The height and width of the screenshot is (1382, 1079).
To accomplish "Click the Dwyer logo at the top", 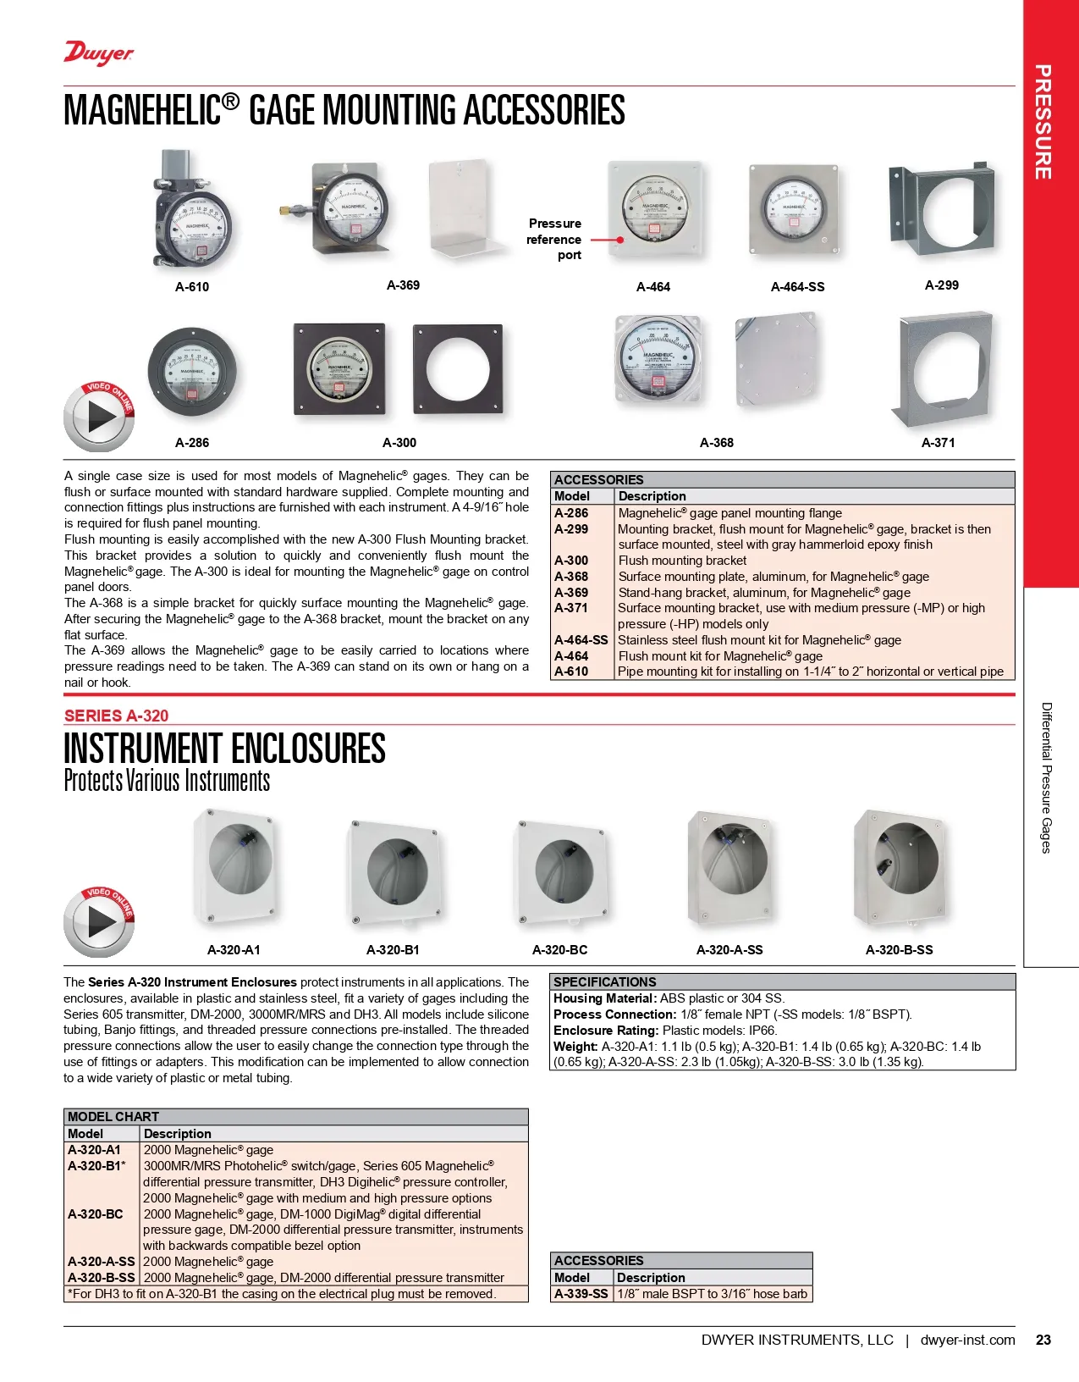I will coord(99,53).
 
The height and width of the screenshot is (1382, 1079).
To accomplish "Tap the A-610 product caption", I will coord(192,287).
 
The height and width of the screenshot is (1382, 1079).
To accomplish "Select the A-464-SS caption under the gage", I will coord(797,287).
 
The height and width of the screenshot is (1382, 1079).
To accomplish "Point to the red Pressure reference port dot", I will coord(620,240).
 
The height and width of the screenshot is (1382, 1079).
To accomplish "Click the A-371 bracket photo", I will coord(943,370).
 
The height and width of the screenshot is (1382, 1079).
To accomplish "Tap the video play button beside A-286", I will coord(99,417).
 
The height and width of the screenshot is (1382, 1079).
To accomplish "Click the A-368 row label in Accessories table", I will coord(571,577).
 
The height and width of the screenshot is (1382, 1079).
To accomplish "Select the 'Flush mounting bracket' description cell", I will coord(682,561).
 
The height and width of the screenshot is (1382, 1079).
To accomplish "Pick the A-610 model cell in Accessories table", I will coord(571,672).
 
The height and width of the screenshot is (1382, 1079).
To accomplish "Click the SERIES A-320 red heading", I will coord(117,716).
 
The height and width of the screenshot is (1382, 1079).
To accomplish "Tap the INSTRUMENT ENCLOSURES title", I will coord(224,749).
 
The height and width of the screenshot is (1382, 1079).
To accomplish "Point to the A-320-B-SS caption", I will coord(899,950).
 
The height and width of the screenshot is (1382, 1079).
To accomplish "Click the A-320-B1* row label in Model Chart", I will coord(96,1166).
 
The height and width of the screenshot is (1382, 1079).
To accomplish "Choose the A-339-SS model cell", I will coord(581,1294).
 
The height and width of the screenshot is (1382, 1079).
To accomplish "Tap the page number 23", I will coord(1043,1340).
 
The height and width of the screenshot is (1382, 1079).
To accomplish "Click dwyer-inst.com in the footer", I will coord(967,1340).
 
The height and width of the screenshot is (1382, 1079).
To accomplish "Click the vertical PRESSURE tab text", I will coord(1043,122).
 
